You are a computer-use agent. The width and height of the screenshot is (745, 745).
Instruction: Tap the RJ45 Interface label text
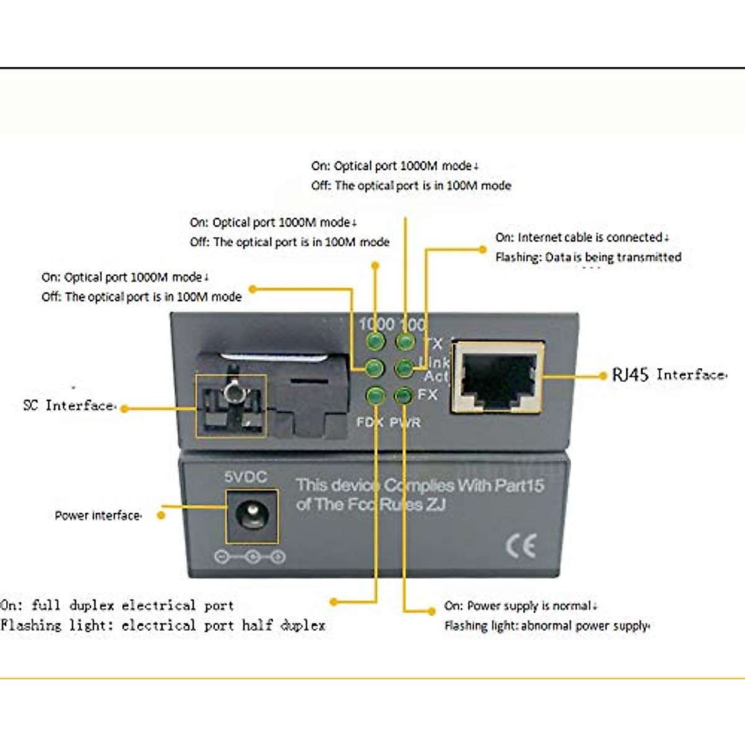(x=669, y=374)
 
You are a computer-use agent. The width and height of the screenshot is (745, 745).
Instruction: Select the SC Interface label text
(x=69, y=405)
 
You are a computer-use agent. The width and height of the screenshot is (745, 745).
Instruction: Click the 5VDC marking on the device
(x=246, y=477)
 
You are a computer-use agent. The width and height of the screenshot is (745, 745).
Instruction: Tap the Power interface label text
(x=97, y=515)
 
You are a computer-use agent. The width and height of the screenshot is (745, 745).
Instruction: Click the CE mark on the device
(x=520, y=546)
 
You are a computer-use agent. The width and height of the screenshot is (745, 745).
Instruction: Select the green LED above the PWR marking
(x=404, y=395)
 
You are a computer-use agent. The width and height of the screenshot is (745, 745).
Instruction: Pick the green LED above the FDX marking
(x=375, y=395)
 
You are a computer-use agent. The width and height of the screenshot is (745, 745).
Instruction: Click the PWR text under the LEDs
(x=405, y=423)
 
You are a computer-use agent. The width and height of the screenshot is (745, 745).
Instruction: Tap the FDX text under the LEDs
(x=369, y=423)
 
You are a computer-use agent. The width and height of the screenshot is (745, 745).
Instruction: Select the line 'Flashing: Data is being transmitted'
(x=588, y=257)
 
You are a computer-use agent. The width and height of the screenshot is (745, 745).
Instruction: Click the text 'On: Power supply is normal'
(x=520, y=605)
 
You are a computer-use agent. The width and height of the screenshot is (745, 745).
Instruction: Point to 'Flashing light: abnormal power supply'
(x=547, y=626)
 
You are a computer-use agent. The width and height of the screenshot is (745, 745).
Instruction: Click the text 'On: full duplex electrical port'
(x=117, y=605)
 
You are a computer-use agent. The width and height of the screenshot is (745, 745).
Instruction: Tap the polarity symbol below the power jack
(x=250, y=557)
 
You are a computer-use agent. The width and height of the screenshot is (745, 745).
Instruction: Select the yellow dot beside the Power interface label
(x=161, y=515)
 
